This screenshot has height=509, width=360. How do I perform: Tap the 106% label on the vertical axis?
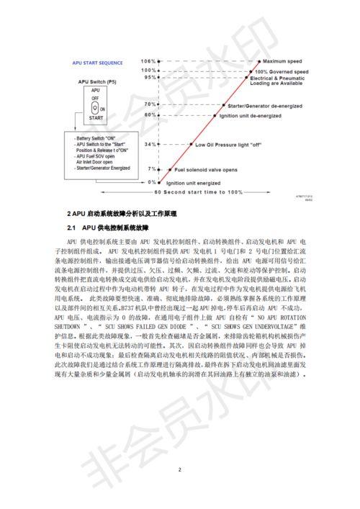point(148,60)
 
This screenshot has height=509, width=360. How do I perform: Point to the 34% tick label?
point(150,144)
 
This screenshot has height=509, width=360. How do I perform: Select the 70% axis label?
point(150,104)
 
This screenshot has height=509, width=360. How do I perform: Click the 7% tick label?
point(152,169)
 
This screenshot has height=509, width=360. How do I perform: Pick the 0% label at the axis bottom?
point(152,182)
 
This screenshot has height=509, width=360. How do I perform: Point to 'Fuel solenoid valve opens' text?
point(207,170)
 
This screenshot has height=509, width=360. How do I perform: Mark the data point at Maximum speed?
point(258,60)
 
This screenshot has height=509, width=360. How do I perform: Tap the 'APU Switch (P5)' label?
point(94,82)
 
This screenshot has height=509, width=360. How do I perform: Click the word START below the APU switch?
point(95,117)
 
